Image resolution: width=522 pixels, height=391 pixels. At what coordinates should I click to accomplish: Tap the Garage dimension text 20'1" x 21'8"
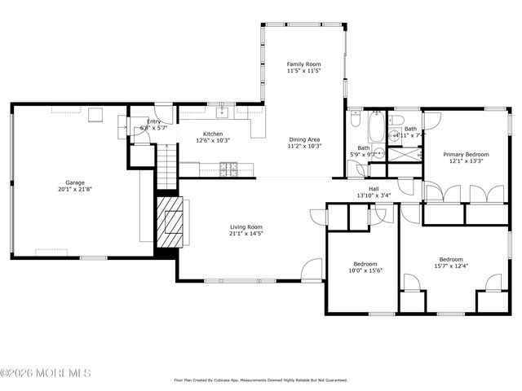click(75, 190)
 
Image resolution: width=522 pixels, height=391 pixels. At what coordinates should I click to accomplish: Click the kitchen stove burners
click(230, 169)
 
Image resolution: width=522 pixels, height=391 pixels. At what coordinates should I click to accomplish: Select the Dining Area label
click(304, 139)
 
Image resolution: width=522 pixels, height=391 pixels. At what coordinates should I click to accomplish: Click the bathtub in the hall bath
click(376, 129)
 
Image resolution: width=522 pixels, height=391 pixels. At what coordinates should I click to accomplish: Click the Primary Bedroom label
click(466, 154)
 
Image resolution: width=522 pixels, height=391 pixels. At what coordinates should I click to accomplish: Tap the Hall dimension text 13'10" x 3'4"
click(374, 195)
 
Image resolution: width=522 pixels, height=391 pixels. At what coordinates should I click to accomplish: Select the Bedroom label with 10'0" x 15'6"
click(365, 264)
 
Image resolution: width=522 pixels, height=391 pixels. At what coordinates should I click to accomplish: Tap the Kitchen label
click(213, 134)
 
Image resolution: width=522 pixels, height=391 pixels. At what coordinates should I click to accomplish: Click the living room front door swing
click(312, 270)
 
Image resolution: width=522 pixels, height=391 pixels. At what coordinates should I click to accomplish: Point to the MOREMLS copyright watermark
click(46, 373)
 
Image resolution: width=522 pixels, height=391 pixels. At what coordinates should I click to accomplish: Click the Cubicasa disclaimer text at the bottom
click(261, 380)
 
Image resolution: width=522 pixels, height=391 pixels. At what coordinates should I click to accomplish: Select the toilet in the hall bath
click(356, 121)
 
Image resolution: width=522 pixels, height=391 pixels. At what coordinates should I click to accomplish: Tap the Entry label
click(153, 121)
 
